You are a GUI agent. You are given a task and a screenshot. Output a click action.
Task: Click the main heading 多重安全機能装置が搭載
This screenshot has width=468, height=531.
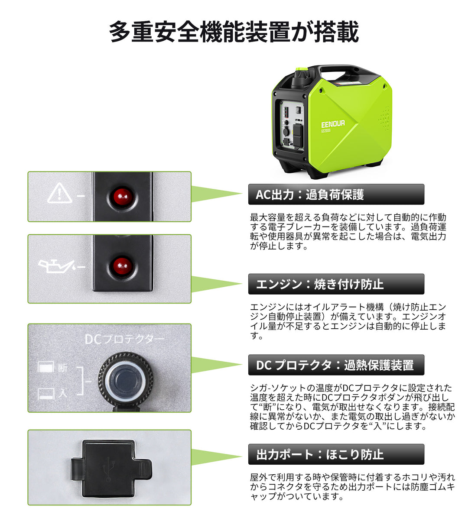(x=234, y=32)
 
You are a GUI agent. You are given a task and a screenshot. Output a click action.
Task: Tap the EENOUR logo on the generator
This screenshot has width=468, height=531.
(x=333, y=123)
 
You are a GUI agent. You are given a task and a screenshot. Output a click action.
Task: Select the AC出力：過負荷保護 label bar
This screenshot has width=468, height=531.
(x=336, y=194)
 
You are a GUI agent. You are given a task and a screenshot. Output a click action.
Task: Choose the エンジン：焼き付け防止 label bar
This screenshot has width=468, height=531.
(x=336, y=284)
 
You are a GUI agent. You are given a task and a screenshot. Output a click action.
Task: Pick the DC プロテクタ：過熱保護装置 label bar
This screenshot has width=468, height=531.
(x=336, y=365)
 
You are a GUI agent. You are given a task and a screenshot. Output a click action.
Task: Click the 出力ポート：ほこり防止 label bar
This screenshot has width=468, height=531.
(x=336, y=454)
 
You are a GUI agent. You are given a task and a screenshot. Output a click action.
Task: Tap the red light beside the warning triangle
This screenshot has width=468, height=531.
(x=123, y=196)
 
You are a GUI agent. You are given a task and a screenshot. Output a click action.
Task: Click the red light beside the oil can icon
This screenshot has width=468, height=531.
(x=123, y=266)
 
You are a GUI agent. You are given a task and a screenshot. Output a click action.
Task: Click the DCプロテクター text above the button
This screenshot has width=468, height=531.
(x=125, y=339)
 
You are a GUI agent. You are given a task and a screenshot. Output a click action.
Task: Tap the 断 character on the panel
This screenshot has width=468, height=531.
(x=63, y=368)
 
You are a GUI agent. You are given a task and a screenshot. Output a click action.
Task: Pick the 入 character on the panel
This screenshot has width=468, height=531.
(x=63, y=393)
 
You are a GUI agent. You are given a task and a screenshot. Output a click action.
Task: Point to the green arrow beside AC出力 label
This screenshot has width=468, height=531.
(x=217, y=194)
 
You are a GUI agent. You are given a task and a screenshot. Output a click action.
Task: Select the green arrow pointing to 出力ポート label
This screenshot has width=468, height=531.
(x=217, y=457)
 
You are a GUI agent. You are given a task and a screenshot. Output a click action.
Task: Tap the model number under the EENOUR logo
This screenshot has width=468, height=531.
(x=326, y=130)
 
